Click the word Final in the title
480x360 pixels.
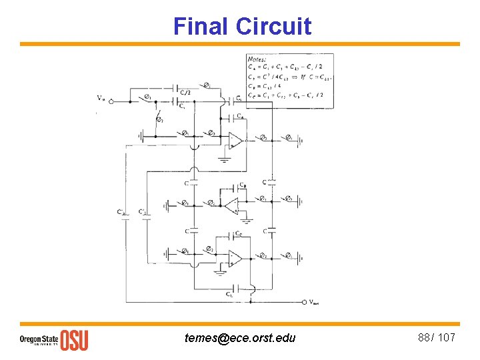tap(201, 26)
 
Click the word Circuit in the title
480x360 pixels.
tap(273, 26)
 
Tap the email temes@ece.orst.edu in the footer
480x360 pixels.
tap(240, 338)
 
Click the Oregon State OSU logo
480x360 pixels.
tap(53, 339)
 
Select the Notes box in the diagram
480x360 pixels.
tap(289, 80)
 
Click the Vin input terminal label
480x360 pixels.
tap(101, 99)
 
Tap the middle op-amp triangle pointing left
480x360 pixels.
tap(230, 206)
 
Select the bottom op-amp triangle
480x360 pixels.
tap(235, 257)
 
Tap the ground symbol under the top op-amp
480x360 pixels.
tap(223, 159)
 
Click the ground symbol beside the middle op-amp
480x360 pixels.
tap(247, 220)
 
